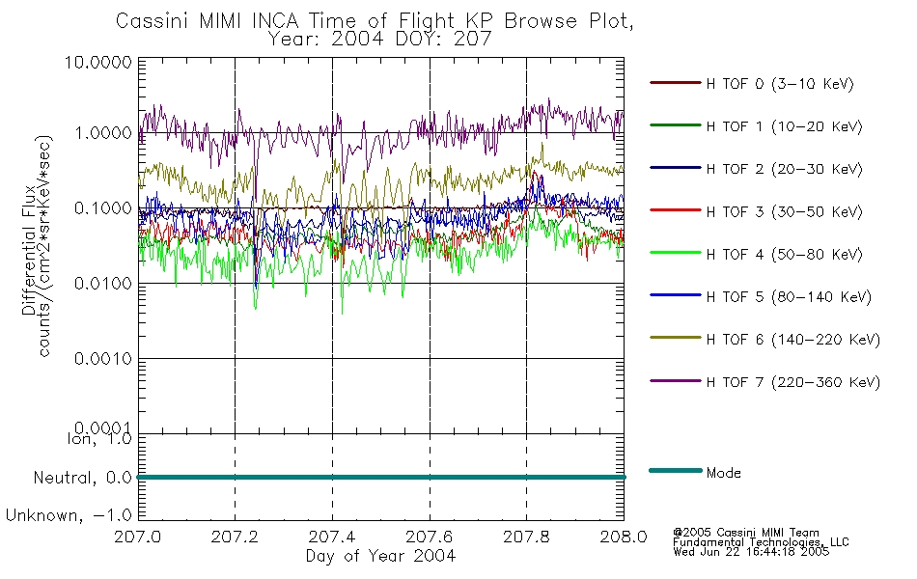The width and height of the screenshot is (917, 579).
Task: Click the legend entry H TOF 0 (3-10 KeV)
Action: coord(780,84)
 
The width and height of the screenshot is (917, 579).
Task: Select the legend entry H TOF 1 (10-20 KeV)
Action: coord(784,126)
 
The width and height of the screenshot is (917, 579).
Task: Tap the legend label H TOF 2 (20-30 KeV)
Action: coord(784,169)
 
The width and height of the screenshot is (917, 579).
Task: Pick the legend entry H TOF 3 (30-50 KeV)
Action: coord(784,211)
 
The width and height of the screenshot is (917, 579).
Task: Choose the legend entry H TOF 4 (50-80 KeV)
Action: coord(784,255)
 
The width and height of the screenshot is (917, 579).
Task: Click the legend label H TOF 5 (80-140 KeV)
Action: coord(789,297)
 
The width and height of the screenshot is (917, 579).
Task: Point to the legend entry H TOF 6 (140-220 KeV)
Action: coord(792,340)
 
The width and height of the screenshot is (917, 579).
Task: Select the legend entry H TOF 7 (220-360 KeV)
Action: coord(792,382)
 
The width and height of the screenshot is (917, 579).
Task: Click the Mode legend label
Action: coord(723,473)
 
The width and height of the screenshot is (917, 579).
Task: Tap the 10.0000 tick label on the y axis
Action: coord(98,62)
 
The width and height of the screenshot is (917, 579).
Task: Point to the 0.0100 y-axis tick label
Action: coord(103,284)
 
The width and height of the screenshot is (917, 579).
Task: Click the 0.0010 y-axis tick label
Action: coord(103,359)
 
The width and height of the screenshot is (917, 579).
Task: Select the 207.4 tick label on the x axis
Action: coord(332,537)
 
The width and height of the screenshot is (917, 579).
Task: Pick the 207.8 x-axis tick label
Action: coord(526,537)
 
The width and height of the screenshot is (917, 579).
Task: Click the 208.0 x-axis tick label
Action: coord(624,537)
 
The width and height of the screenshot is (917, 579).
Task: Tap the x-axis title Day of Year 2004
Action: coord(380,556)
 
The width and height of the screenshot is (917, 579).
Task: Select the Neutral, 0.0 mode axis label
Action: coord(82,479)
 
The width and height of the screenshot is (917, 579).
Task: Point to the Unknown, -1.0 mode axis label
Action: coord(69,516)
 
